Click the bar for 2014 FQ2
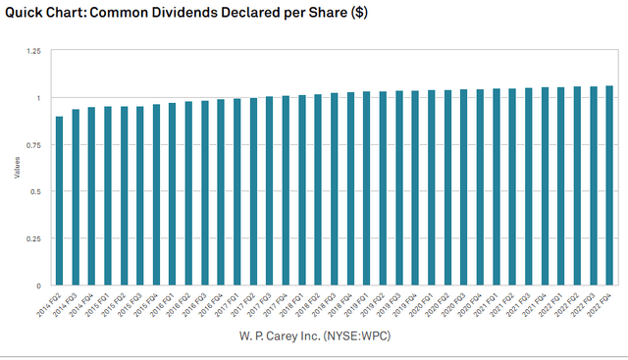click(x=59, y=201)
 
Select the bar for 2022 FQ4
click(x=609, y=185)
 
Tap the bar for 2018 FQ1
click(x=301, y=190)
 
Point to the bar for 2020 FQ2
click(x=447, y=187)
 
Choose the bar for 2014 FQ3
click(x=76, y=197)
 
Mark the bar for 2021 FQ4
click(x=545, y=186)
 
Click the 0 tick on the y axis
click(x=37, y=286)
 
